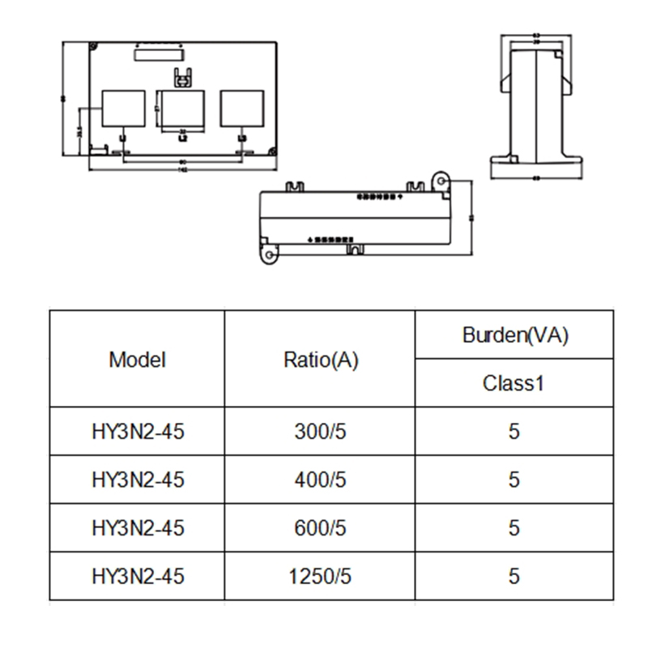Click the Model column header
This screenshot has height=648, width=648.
[137, 360]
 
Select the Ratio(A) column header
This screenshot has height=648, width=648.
[320, 360]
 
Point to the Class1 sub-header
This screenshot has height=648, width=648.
[514, 383]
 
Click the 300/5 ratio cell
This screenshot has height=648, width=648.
[320, 432]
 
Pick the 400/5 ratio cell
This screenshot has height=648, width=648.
[320, 480]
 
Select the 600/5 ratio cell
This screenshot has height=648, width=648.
[320, 528]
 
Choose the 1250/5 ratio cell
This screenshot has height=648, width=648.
[320, 577]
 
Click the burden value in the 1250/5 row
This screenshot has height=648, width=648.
[514, 577]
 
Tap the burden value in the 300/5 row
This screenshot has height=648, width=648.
[514, 432]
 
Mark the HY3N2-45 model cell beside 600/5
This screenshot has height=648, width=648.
[137, 528]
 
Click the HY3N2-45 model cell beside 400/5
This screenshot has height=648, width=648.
[137, 480]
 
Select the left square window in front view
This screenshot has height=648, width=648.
[122, 109]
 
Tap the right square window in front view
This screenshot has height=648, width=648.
[242, 109]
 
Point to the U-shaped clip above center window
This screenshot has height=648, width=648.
[182, 79]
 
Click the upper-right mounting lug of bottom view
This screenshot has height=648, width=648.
[441, 179]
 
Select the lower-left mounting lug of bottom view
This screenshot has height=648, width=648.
[269, 254]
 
